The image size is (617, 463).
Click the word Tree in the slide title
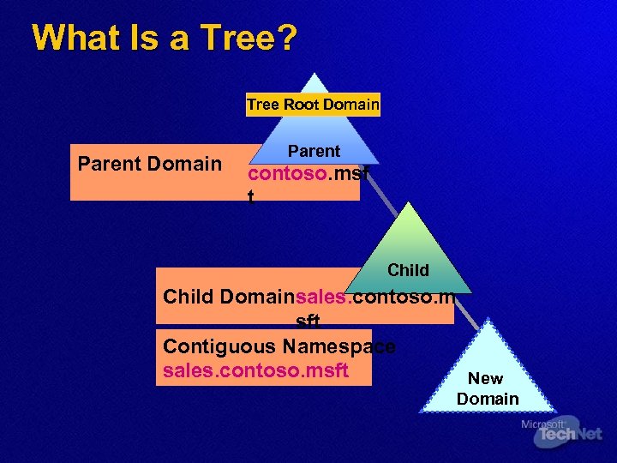click(x=234, y=39)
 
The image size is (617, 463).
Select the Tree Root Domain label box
click(x=313, y=105)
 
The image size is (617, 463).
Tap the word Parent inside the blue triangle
click(x=314, y=151)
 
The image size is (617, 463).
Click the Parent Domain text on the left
click(x=150, y=164)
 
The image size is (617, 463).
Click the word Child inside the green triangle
click(x=408, y=270)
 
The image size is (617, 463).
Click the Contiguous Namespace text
click(x=279, y=346)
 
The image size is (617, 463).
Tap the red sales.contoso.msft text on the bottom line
click(x=255, y=370)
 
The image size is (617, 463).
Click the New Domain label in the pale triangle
click(x=487, y=388)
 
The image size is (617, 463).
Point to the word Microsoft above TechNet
click(x=542, y=424)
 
